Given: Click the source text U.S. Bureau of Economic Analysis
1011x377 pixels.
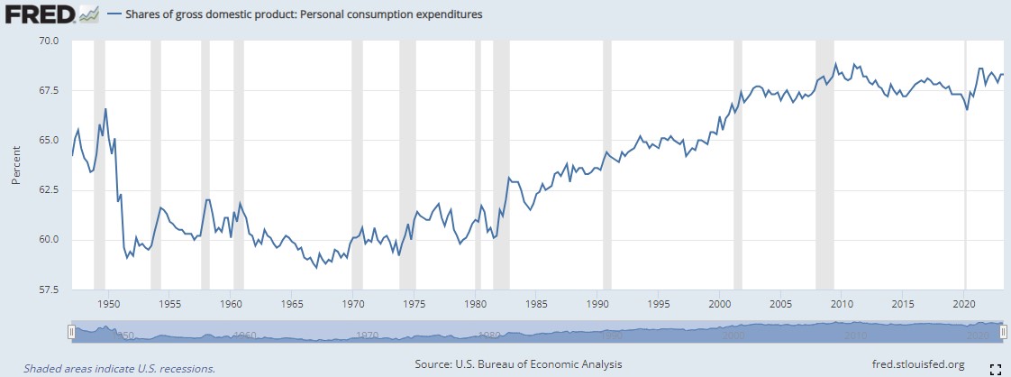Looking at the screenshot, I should (x=518, y=364).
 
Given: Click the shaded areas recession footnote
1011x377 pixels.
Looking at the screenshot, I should (x=119, y=368).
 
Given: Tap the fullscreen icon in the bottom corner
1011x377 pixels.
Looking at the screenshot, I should (x=996, y=368).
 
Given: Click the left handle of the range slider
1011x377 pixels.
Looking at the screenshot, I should (x=71, y=333).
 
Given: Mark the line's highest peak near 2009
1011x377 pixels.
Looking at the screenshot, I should (x=835, y=64).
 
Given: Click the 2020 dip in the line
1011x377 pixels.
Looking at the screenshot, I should (x=967, y=109).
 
